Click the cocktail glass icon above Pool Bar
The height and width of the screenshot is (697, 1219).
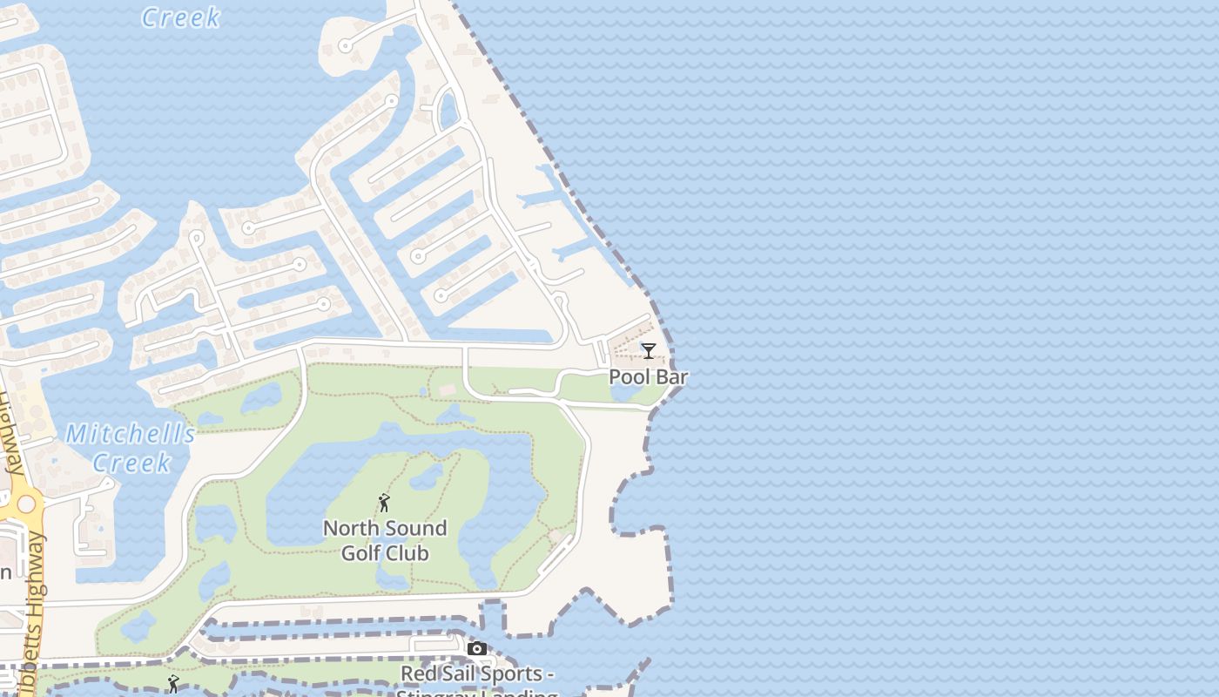click(x=649, y=351)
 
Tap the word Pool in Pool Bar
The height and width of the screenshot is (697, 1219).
click(x=630, y=377)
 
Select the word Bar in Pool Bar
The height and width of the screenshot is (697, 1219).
click(x=672, y=377)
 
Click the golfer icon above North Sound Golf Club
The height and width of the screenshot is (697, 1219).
click(x=384, y=503)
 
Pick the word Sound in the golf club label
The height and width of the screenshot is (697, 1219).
click(x=415, y=529)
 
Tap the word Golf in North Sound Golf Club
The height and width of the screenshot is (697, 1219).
click(x=360, y=553)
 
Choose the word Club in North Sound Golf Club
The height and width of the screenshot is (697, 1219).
click(x=407, y=553)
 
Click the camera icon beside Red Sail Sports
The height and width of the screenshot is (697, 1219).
click(x=477, y=649)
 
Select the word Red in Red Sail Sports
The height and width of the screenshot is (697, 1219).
click(x=417, y=674)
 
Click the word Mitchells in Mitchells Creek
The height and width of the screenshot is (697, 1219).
click(x=131, y=434)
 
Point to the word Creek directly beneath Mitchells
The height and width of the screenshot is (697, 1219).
click(x=131, y=463)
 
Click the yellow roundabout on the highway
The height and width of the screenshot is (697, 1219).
click(x=25, y=504)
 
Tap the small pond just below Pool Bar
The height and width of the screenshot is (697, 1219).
click(x=624, y=393)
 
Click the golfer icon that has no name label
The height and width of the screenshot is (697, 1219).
click(x=173, y=684)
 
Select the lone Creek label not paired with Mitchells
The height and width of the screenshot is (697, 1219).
click(x=180, y=17)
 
